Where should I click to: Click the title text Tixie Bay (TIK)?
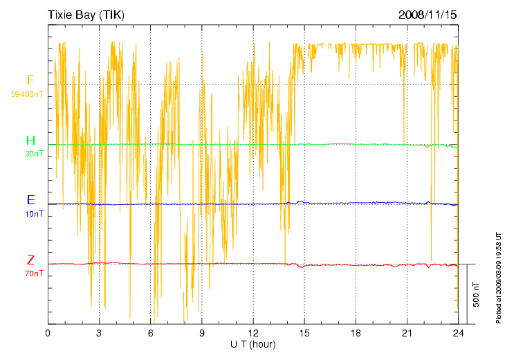pyautogui.click(x=86, y=14)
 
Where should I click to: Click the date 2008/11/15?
pyautogui.click(x=427, y=14)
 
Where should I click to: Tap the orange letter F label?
pyautogui.click(x=30, y=80)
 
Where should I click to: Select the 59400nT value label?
pyautogui.click(x=27, y=93)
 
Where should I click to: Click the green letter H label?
pyautogui.click(x=30, y=141)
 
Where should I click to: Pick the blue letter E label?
pyautogui.click(x=30, y=200)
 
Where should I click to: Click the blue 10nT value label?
pyautogui.click(x=34, y=214)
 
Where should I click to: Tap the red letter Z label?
pyautogui.click(x=30, y=260)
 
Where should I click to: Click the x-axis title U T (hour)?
pyautogui.click(x=253, y=344)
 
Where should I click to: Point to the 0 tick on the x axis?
pyautogui.click(x=48, y=333)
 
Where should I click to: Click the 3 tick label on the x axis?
pyautogui.click(x=99, y=333)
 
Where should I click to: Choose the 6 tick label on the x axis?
pyautogui.click(x=150, y=333)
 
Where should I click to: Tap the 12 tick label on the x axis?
pyautogui.click(x=253, y=333)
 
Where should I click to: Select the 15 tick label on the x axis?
pyautogui.click(x=304, y=333)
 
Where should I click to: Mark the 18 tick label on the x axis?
pyautogui.click(x=356, y=333)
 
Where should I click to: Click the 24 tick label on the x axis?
pyautogui.click(x=458, y=333)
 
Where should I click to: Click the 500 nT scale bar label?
pyautogui.click(x=477, y=294)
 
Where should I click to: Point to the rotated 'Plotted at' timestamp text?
pyautogui.click(x=498, y=277)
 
